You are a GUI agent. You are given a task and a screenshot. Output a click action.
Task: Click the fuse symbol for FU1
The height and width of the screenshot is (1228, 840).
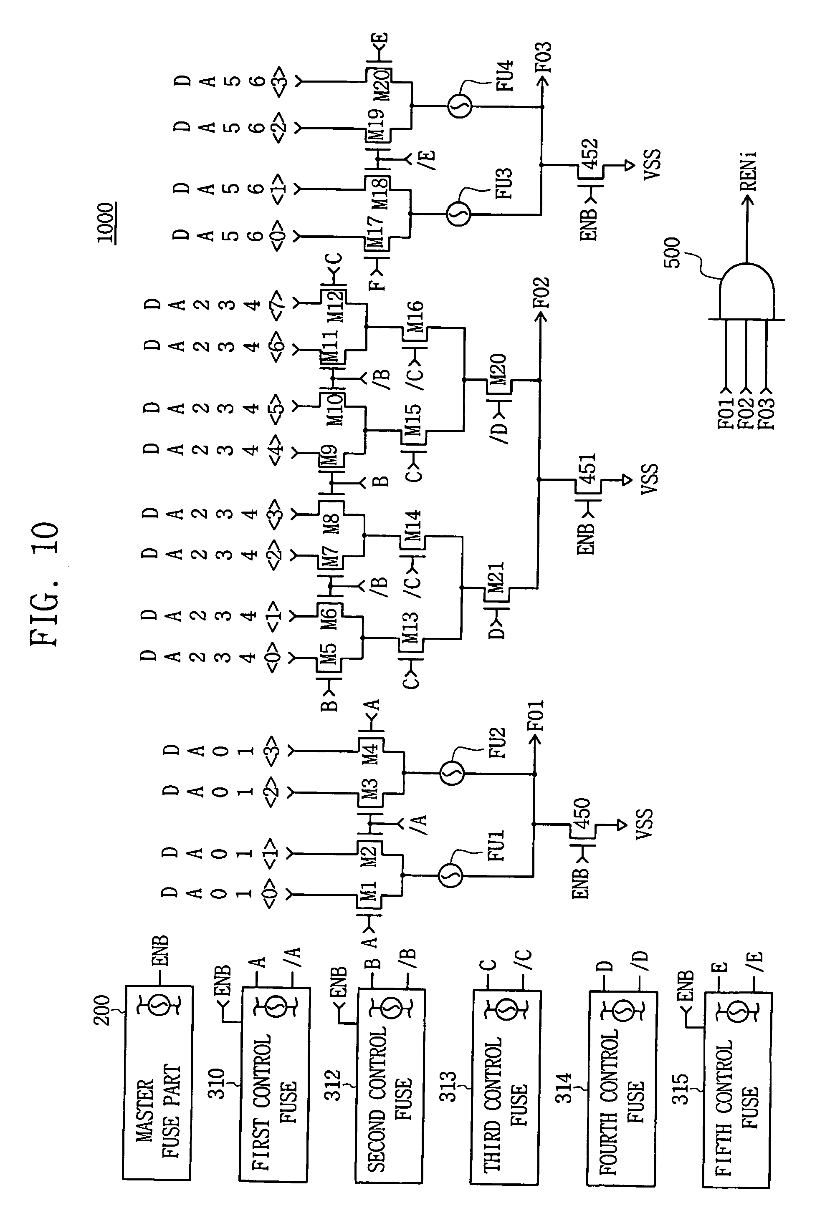[x=450, y=877]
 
